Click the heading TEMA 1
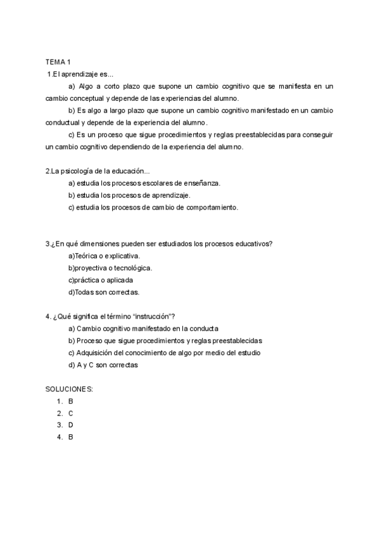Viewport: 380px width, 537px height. tap(58, 61)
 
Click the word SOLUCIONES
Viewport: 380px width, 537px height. tap(69, 388)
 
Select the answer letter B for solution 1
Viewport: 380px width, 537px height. tap(71, 401)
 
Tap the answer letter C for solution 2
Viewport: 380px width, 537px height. tap(71, 413)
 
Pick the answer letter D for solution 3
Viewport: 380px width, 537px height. tap(71, 425)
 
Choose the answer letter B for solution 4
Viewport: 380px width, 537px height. tap(71, 437)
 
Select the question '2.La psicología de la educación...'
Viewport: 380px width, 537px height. tap(98, 171)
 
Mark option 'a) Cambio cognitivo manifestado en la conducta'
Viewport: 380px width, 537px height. tap(143, 329)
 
